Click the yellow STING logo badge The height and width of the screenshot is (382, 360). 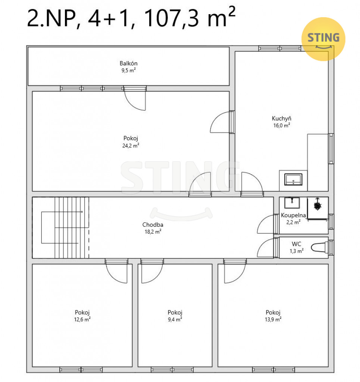coord(323,39)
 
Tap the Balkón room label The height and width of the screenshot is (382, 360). coord(129,63)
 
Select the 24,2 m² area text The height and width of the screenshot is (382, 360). coord(131,145)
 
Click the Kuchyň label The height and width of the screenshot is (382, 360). coord(282,118)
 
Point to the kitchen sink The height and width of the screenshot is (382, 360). coord(293,179)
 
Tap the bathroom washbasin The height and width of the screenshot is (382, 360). coord(292,203)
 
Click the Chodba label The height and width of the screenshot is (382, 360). coord(153,225)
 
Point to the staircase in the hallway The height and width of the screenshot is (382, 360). coord(65,228)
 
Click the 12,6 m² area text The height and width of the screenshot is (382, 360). coord(82,319)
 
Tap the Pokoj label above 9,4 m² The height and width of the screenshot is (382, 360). coord(175,313)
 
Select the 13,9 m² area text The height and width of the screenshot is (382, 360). coord(273,319)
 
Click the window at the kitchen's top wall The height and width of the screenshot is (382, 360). coord(280,48)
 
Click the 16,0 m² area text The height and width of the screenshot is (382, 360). coord(282,125)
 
